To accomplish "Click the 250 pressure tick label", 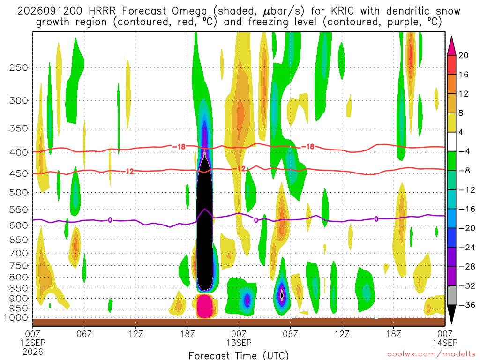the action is pos(18,67).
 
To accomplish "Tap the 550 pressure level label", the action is pos(18,210).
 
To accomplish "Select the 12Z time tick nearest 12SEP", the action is pos(136,333).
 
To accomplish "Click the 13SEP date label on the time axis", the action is pos(239,343).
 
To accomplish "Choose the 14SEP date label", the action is pos(445,343).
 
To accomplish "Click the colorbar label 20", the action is pos(463,55).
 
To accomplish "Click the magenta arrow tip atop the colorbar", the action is pos(451,37).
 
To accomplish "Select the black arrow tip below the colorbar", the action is pos(451,323).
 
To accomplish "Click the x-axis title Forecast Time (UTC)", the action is pos(239,355).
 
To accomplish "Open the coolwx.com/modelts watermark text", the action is pos(431,354).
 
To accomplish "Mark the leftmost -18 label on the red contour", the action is pos(179,147).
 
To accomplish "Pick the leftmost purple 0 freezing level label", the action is pos(110,220).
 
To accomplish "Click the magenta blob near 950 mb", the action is pos(205,306).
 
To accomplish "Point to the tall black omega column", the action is pos(204,224).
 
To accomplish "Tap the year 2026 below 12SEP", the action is pos(33,352).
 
